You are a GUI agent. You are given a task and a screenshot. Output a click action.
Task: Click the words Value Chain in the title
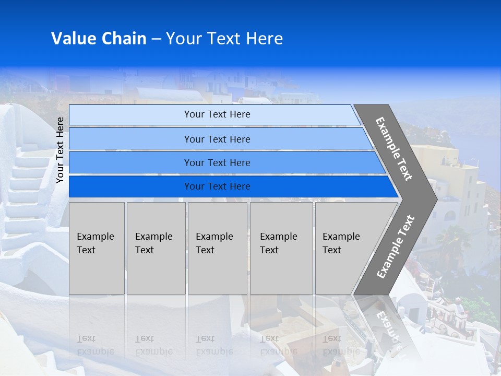tap(99, 39)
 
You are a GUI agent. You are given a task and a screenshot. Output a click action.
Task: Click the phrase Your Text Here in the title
tap(224, 39)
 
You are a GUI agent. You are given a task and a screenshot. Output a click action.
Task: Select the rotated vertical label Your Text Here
tap(60, 150)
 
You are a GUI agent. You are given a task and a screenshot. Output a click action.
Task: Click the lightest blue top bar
tap(214, 114)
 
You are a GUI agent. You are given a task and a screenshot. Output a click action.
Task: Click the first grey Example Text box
tap(97, 248)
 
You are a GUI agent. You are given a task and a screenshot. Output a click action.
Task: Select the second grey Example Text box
tap(156, 248)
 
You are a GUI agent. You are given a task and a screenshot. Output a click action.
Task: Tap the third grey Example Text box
tap(217, 248)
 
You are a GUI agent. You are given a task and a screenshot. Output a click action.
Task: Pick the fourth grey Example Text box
tap(281, 248)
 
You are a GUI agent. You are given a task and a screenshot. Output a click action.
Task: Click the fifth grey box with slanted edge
tap(347, 248)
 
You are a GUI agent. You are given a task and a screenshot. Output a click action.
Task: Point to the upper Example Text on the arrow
tap(394, 149)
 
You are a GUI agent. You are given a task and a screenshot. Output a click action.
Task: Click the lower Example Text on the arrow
tap(395, 246)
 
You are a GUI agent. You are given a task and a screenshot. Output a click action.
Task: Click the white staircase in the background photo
tap(26, 188)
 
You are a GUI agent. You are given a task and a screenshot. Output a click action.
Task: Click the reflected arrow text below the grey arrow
tap(389, 326)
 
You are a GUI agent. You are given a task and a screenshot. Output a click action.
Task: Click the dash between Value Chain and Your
tap(156, 39)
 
